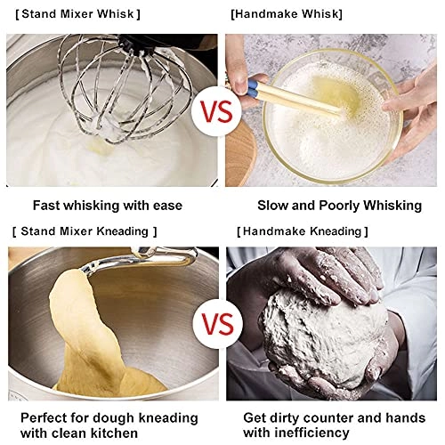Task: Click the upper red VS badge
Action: coord(216,112)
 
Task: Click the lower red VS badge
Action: coord(217,324)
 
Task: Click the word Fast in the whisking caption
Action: coord(47,206)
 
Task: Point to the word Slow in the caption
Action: coord(272,206)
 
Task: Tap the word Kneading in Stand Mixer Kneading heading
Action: coord(123,231)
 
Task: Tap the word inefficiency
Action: coord(311,433)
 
